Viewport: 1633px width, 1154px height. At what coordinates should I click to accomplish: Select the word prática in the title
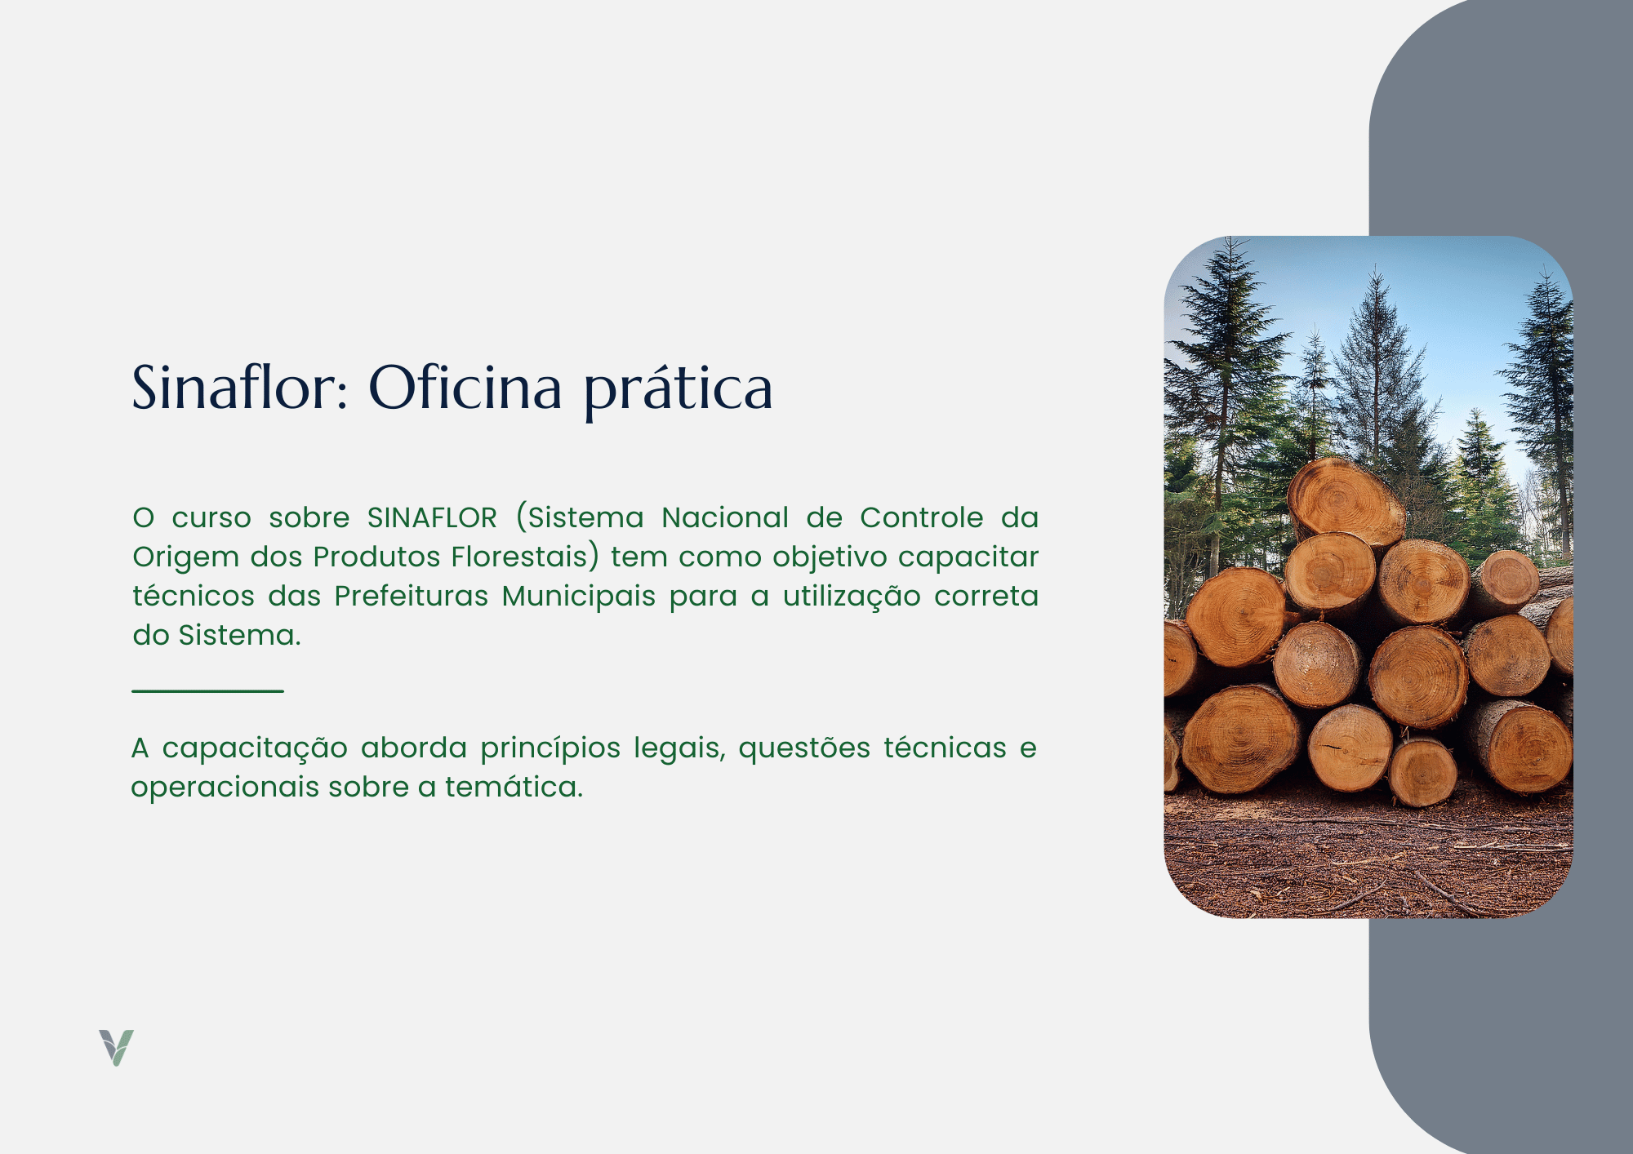click(x=678, y=391)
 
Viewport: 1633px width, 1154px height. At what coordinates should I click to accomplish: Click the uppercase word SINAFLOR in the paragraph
click(x=432, y=517)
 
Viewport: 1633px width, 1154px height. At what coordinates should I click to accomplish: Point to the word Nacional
click(x=725, y=517)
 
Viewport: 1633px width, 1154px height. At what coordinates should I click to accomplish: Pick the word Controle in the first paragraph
click(x=922, y=517)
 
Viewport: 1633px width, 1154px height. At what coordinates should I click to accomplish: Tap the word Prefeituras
click(x=412, y=596)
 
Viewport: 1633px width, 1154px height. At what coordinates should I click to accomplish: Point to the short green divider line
click(x=207, y=690)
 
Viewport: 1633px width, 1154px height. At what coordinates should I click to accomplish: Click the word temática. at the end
click(x=514, y=787)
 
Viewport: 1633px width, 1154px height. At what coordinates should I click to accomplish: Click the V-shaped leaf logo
click(x=116, y=1047)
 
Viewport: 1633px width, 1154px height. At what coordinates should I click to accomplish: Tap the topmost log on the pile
click(x=1346, y=499)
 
